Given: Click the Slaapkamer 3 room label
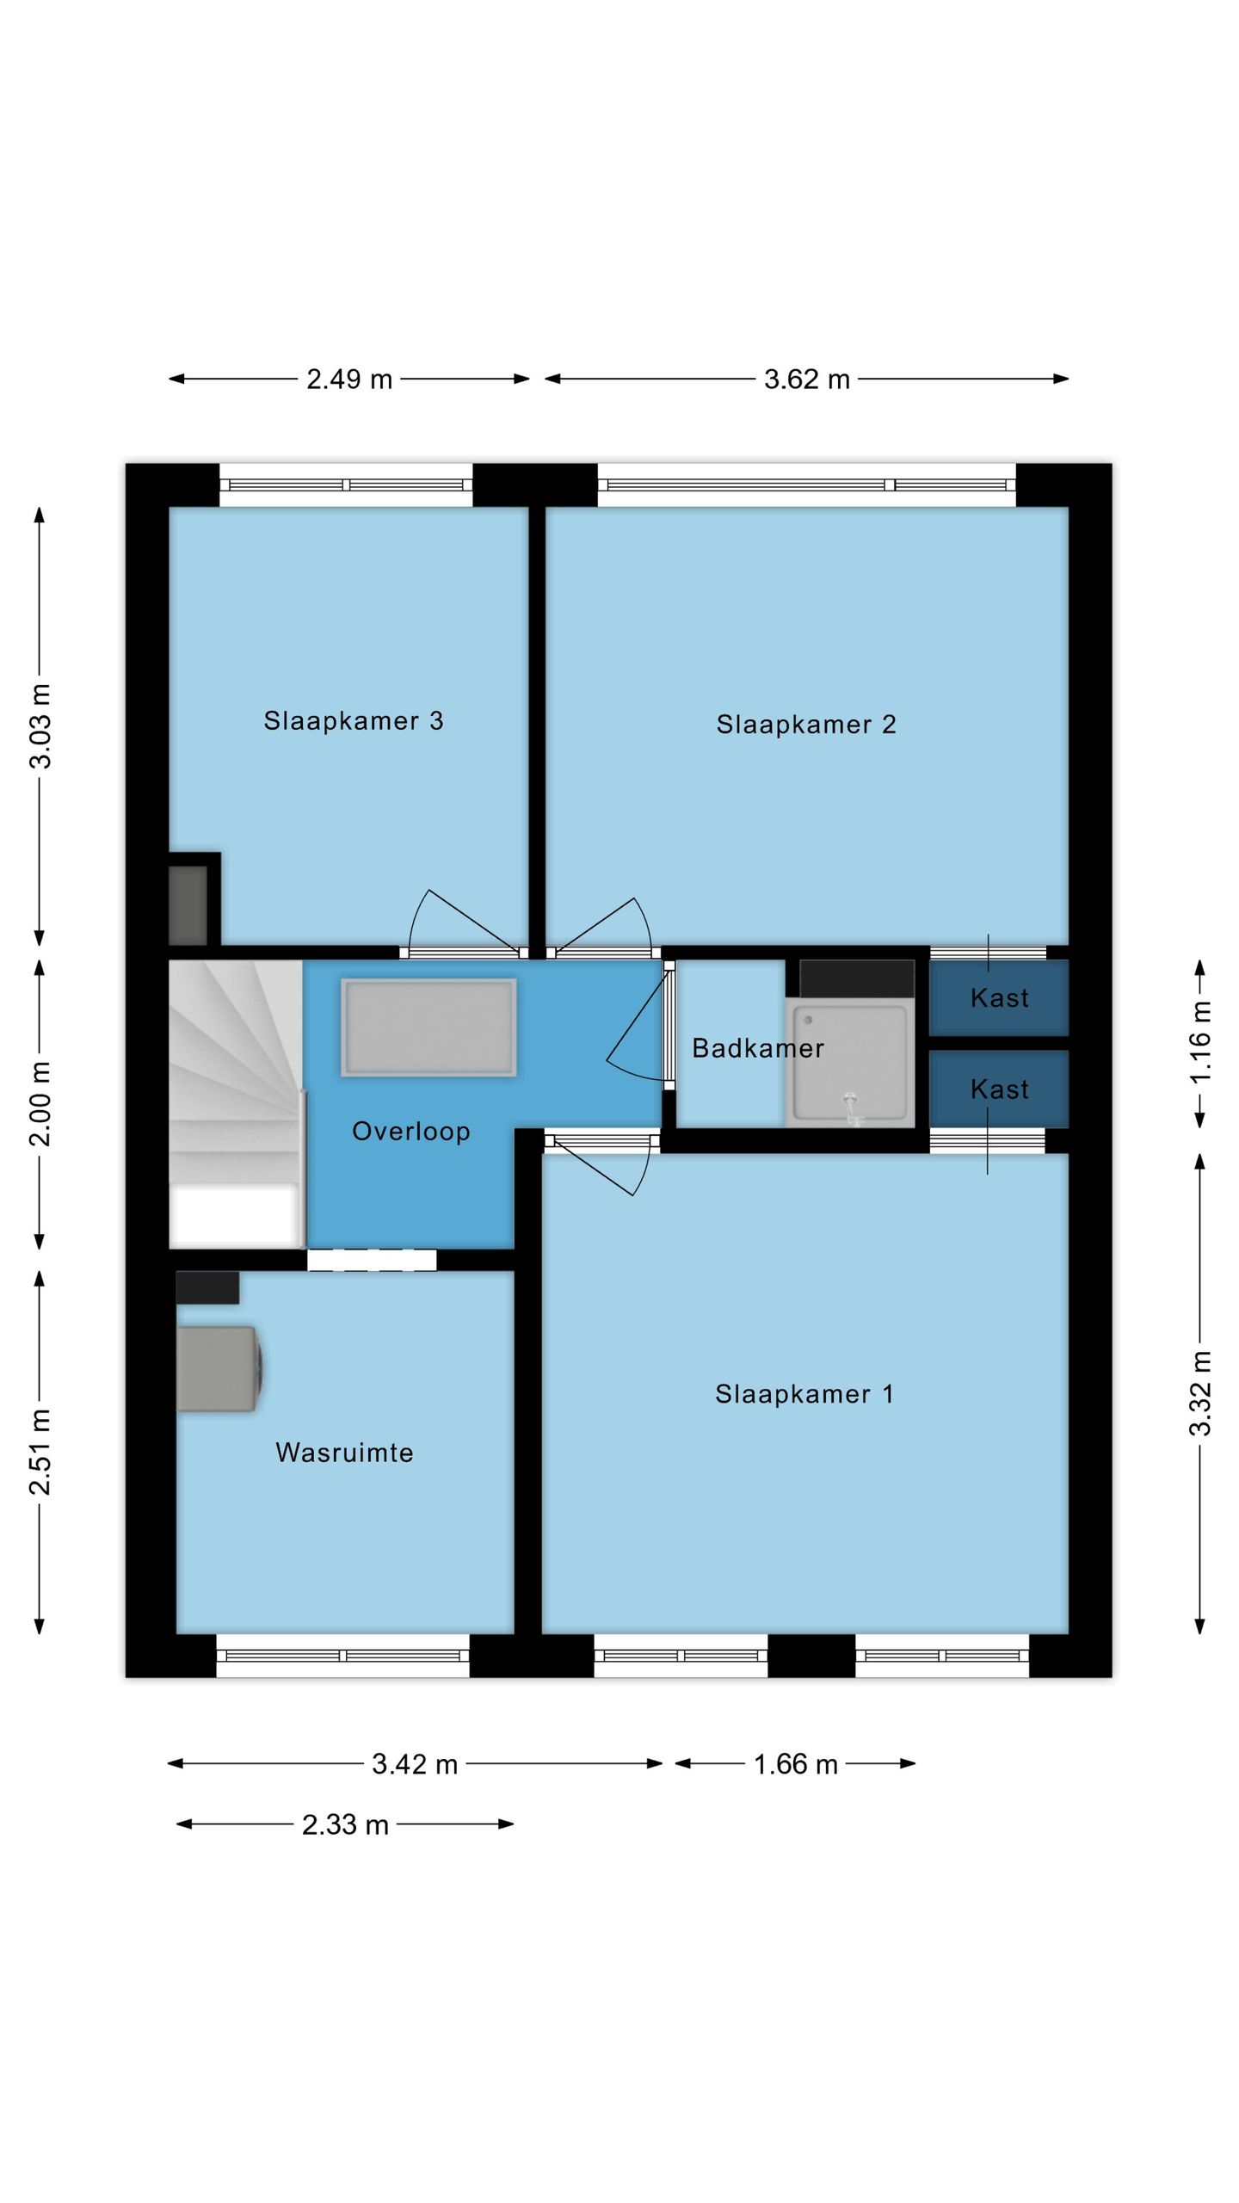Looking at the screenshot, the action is pos(353,721).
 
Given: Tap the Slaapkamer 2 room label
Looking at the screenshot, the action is pos(806,725).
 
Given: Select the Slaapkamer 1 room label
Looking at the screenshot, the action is pos(804,1395).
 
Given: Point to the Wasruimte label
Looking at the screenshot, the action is pos(344,1453).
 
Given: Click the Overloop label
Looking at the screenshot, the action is pos(411,1132).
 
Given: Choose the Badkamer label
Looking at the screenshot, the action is pos(758,1048).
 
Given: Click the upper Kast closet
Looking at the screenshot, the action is pos(999,997).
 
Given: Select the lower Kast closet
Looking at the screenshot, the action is pos(999,1089).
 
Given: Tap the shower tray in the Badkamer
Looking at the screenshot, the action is pos(850,1064).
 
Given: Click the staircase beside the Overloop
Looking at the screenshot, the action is pos(236,1104).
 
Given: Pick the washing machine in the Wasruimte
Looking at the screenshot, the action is pos(219,1368).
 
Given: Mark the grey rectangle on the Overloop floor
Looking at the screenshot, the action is pos(428,1027).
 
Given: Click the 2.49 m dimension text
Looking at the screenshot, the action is pos(349,380).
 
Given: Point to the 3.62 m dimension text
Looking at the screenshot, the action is pos(807,380).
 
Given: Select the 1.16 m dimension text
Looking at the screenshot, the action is pos(1200,1042).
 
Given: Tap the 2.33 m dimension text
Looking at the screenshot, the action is pos(345,1825).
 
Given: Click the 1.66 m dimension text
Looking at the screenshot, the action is pos(796,1765).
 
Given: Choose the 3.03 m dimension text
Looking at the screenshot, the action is pos(40,725).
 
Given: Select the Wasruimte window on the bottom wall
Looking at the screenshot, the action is pos(342,1656).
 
